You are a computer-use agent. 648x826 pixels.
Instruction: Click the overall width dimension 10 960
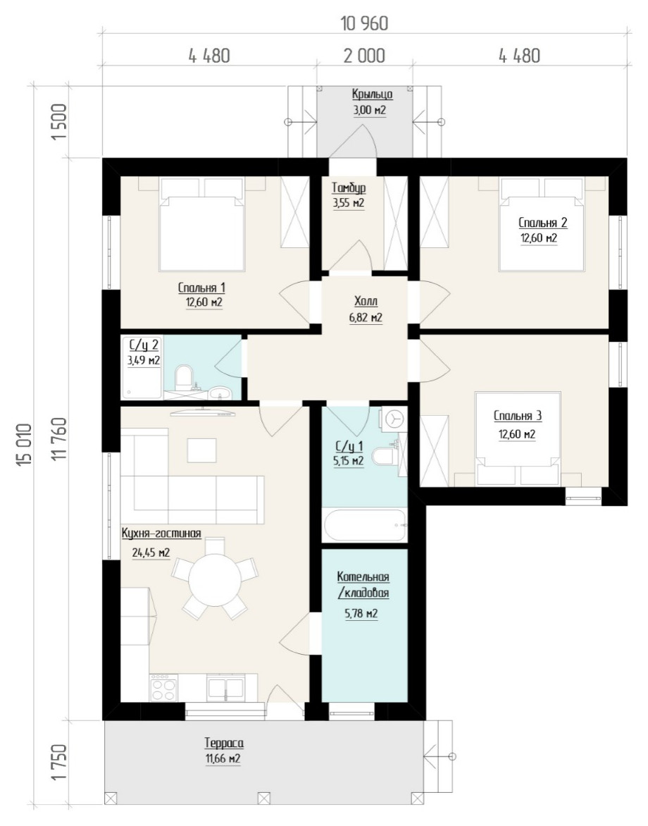pyautogui.click(x=365, y=24)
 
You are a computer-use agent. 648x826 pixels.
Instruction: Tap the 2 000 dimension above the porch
pyautogui.click(x=364, y=55)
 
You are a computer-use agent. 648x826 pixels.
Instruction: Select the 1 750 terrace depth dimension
pyautogui.click(x=60, y=762)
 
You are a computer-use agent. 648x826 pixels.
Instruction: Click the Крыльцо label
pyautogui.click(x=372, y=95)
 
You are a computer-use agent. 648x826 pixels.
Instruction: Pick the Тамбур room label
pyautogui.click(x=349, y=188)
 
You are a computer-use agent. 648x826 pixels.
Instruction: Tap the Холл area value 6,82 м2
pyautogui.click(x=366, y=318)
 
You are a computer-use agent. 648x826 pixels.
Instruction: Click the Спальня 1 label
pyautogui.click(x=201, y=288)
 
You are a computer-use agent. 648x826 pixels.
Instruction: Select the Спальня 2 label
pyautogui.click(x=543, y=222)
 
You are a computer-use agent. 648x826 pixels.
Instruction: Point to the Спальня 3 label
pyautogui.click(x=518, y=416)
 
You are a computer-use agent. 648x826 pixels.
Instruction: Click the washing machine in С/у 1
pyautogui.click(x=393, y=419)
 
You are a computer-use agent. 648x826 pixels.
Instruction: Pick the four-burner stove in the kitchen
pyautogui.click(x=163, y=689)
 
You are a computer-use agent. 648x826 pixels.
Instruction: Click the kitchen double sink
pyautogui.click(x=225, y=689)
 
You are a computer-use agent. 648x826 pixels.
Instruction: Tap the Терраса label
pyautogui.click(x=224, y=743)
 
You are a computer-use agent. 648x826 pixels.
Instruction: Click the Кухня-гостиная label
pyautogui.click(x=161, y=533)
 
